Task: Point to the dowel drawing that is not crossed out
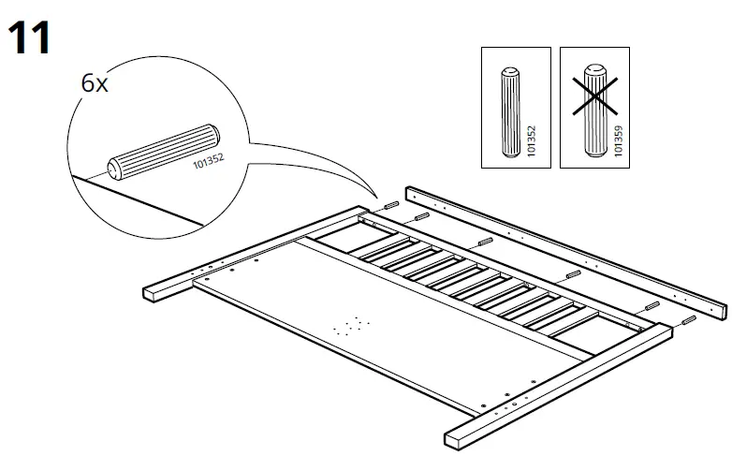pyautogui.click(x=510, y=111)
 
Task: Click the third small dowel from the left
pyautogui.click(x=483, y=241)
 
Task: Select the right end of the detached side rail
pyautogui.click(x=720, y=310)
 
